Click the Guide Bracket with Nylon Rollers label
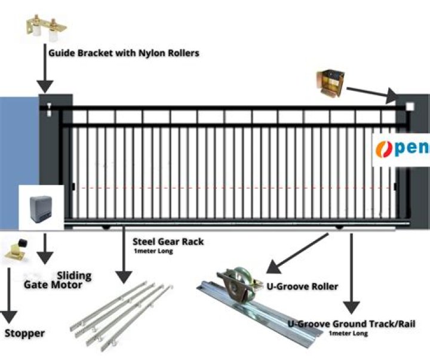(123, 53)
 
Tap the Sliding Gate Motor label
(57, 280)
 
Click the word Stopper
(24, 333)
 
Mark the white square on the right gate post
(410, 107)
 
